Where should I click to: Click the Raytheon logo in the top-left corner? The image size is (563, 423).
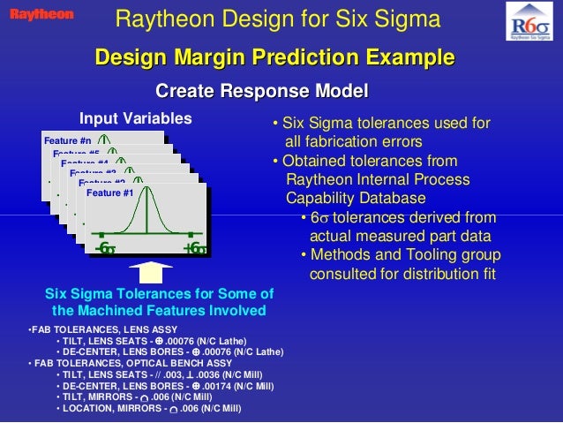(42, 14)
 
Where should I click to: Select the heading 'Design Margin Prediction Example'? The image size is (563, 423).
(274, 59)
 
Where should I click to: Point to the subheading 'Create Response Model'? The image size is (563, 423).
(261, 92)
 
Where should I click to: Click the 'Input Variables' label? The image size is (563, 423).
(135, 119)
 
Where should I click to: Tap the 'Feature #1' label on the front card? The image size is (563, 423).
(110, 193)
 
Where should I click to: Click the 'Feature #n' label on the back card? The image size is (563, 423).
(67, 141)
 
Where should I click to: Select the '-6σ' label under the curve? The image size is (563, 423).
(105, 249)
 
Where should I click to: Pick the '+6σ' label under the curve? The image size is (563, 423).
(194, 249)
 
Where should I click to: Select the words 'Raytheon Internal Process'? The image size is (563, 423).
(378, 180)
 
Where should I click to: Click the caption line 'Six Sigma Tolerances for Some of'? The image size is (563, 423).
(159, 294)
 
